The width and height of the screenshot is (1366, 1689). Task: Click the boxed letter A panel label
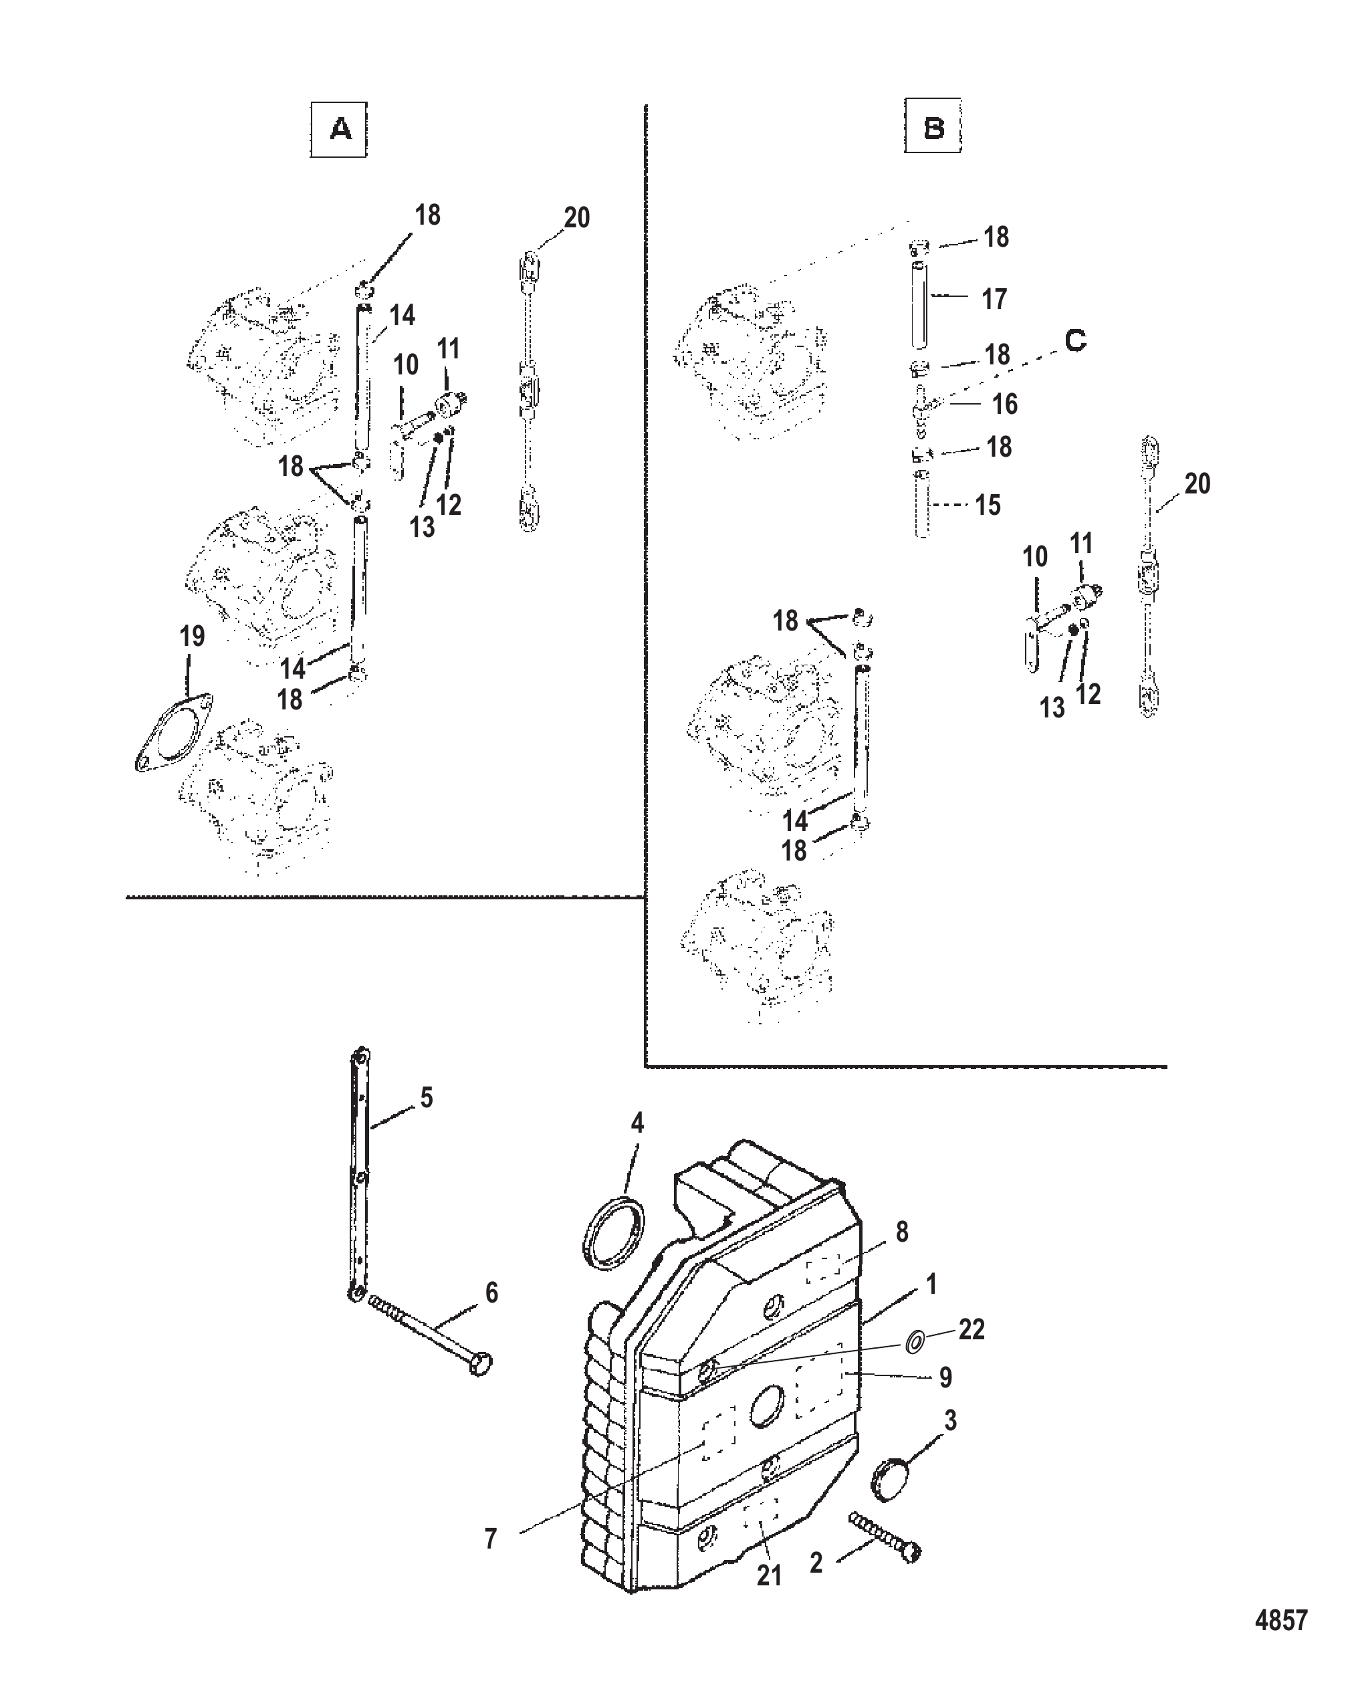pyautogui.click(x=338, y=129)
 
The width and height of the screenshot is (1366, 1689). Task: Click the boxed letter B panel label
pyautogui.click(x=933, y=125)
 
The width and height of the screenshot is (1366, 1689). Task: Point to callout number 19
pyautogui.click(x=192, y=636)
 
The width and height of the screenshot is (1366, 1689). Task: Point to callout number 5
pyautogui.click(x=427, y=1097)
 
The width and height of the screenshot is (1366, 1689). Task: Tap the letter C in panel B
pyautogui.click(x=1075, y=340)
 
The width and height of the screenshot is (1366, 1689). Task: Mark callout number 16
pyautogui.click(x=1005, y=404)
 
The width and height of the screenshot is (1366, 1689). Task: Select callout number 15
pyautogui.click(x=988, y=505)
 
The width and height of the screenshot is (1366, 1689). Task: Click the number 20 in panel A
pyautogui.click(x=577, y=217)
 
